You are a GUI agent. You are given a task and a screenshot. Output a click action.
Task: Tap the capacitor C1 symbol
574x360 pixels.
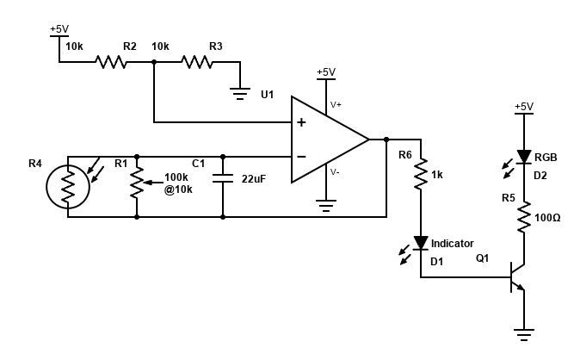click(223, 179)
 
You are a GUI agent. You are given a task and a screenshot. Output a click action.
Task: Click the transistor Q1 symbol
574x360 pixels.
click(516, 277)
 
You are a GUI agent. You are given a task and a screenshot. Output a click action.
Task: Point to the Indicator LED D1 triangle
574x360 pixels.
click(421, 244)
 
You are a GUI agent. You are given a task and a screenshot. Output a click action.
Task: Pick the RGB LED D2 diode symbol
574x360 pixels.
click(524, 157)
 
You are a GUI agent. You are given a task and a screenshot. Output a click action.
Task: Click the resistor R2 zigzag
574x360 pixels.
click(111, 62)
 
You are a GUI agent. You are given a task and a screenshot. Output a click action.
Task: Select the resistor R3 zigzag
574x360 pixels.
click(197, 62)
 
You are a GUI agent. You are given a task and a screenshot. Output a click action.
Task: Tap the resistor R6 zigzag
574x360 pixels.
click(421, 176)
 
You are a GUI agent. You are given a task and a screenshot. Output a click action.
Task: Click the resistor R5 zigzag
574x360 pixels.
click(524, 219)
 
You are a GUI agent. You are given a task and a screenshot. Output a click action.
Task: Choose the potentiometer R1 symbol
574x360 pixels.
click(137, 183)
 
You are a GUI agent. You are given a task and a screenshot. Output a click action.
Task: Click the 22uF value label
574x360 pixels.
click(254, 179)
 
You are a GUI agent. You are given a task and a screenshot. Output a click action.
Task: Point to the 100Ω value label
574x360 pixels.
click(547, 219)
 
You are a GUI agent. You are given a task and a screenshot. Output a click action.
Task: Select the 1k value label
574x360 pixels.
click(437, 175)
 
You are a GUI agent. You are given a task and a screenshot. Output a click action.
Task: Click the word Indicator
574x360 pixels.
click(452, 244)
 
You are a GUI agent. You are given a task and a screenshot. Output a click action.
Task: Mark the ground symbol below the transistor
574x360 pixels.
click(524, 331)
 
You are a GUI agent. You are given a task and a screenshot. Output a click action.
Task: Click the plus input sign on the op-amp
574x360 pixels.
click(301, 122)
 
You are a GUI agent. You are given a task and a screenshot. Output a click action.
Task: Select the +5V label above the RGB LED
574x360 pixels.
click(523, 107)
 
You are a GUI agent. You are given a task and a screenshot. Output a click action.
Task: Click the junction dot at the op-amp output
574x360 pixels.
click(386, 140)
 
